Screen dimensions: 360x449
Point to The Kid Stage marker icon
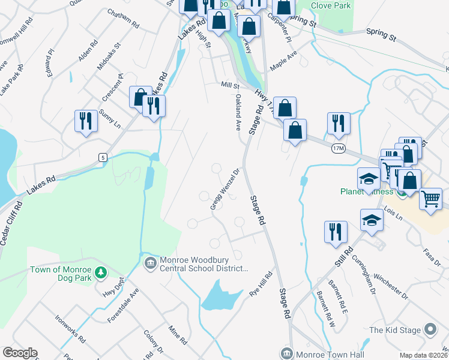coord(430,329)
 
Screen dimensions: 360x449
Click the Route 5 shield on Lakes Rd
coord(103,157)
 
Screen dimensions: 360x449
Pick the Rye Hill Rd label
coord(261,284)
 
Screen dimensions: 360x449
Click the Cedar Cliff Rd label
coord(11,223)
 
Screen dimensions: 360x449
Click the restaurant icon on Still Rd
coord(336,232)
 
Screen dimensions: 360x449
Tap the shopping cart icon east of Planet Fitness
coord(430,199)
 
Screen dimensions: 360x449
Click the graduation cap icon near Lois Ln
coord(372,219)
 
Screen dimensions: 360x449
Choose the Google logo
coord(20,353)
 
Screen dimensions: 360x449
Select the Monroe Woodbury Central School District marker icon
coord(149,262)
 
